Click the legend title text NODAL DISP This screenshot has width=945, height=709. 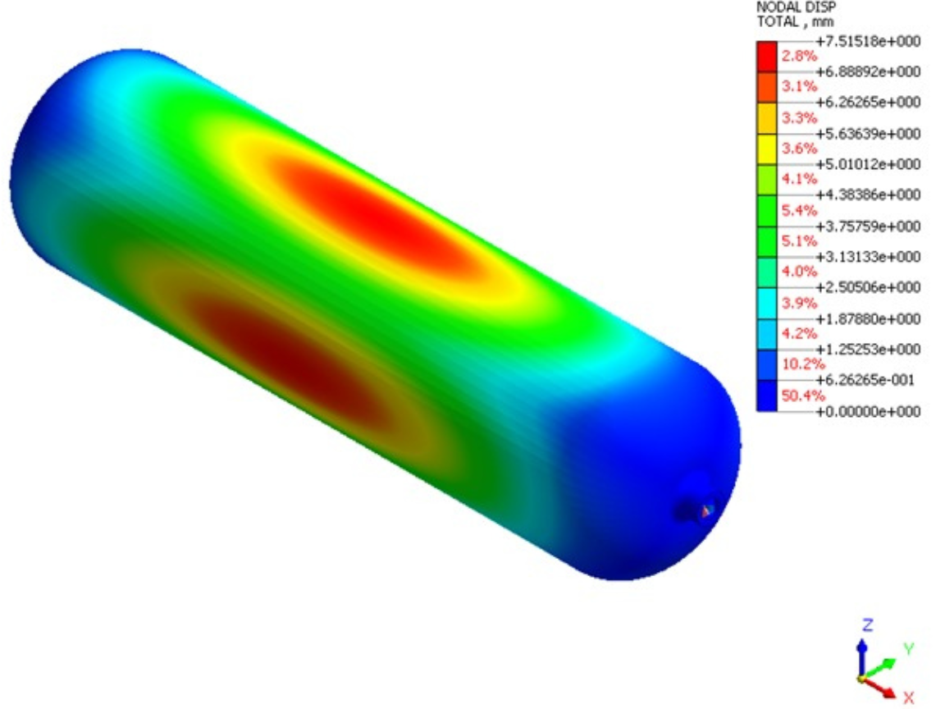click(785, 7)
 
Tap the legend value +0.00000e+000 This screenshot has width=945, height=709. click(866, 411)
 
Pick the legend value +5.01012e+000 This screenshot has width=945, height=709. click(866, 164)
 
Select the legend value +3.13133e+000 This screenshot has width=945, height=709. click(866, 257)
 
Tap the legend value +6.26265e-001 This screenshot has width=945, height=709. click(866, 380)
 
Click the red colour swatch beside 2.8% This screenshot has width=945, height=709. click(766, 56)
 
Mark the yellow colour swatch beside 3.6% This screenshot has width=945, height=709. click(766, 149)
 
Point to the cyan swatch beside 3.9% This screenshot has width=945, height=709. click(766, 303)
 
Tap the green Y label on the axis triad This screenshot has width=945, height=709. click(908, 648)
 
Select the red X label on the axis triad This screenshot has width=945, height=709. click(908, 698)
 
